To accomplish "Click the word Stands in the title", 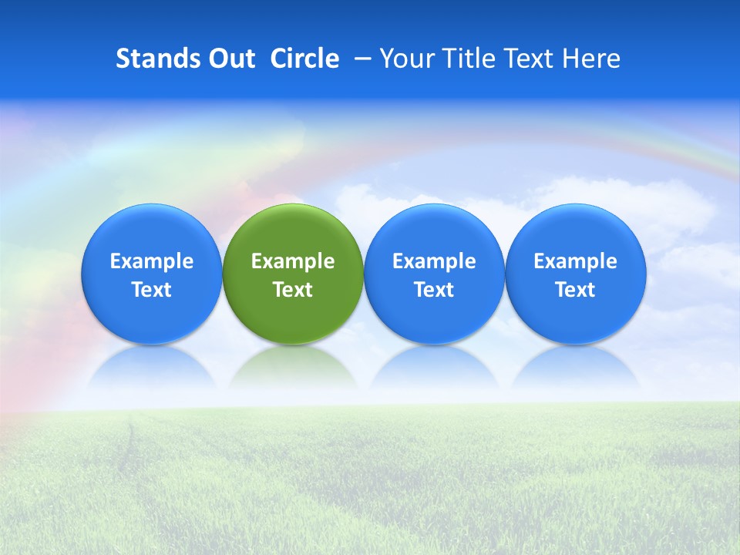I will tap(152, 59).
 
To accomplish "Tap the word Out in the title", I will tap(230, 59).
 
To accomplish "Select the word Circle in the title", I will tap(304, 59).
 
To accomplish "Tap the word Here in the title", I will tap(591, 59).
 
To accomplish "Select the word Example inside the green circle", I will tap(293, 261).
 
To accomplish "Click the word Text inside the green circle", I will tap(293, 290).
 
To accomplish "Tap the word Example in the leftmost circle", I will tap(152, 261).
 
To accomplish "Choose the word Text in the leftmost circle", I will tap(152, 290).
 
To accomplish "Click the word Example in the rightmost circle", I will tap(575, 261).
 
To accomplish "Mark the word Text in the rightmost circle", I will tap(575, 290).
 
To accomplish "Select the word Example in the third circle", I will tap(434, 261).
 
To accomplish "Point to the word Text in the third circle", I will tap(434, 290).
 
